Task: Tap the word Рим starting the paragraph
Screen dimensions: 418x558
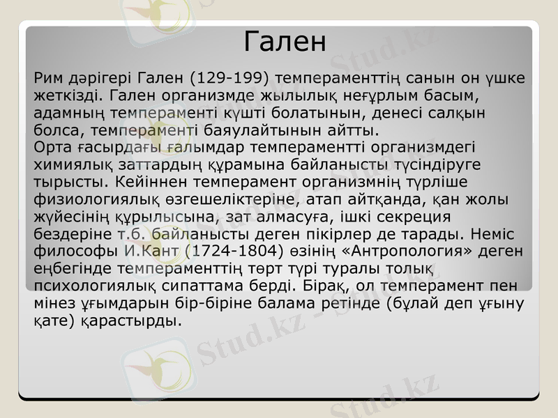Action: click(x=48, y=78)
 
